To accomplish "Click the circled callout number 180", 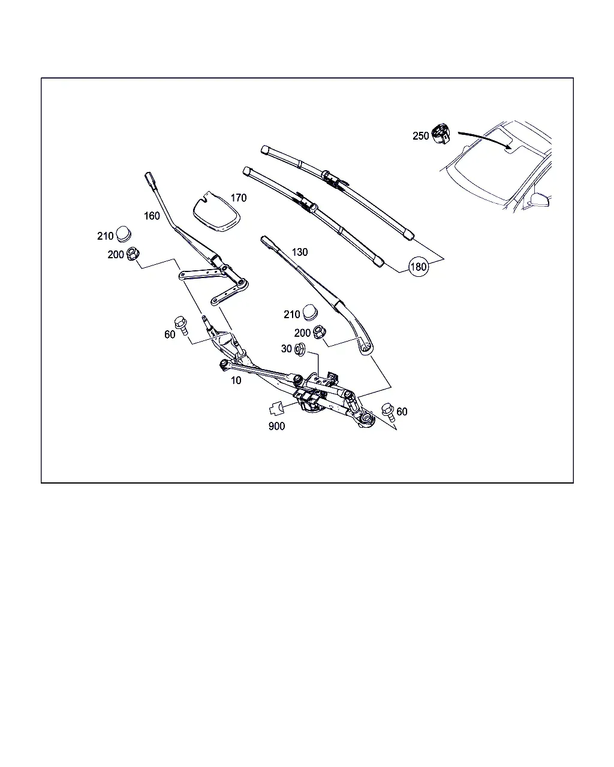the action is [x=418, y=267].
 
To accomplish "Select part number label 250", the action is [x=421, y=136].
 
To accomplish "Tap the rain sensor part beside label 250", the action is [x=441, y=134].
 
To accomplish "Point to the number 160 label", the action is [x=152, y=216].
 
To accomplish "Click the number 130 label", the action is [x=300, y=252].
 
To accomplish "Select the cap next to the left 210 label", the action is [x=124, y=234].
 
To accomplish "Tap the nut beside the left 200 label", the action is [x=133, y=253].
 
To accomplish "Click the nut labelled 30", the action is [x=300, y=349].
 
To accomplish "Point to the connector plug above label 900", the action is [x=276, y=409].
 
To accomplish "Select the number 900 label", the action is [x=276, y=426].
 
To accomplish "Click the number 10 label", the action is [x=236, y=381].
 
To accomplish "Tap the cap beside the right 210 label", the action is [x=310, y=312].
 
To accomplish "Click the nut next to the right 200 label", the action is [x=320, y=332].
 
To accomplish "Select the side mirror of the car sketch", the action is [x=540, y=200].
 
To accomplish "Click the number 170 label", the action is [x=239, y=198].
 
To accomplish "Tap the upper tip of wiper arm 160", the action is [x=149, y=176].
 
